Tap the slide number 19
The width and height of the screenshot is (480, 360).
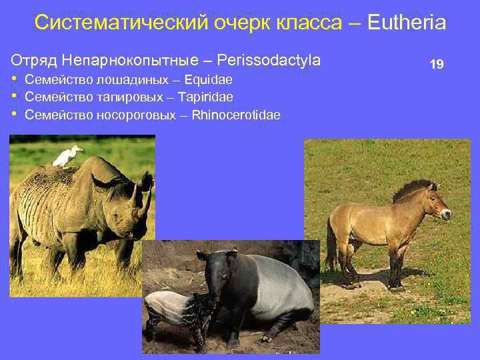437,65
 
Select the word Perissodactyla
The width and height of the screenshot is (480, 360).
269,60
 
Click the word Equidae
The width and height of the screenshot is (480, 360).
209,81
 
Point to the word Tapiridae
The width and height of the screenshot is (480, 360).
206,97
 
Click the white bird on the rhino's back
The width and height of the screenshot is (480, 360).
67,157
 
